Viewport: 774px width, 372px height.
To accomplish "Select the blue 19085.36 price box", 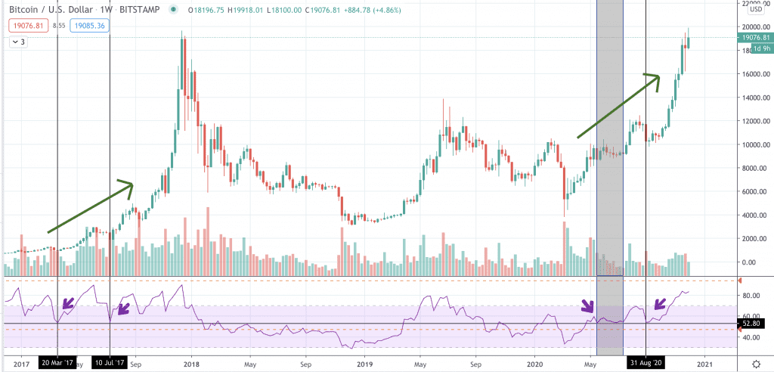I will [x=91, y=25].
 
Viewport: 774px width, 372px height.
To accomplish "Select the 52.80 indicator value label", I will [x=755, y=324].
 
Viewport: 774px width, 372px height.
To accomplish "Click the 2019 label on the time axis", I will [x=364, y=363].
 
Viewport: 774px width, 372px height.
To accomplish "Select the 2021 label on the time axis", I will [x=705, y=363].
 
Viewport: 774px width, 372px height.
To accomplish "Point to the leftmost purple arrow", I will [x=67, y=305].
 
